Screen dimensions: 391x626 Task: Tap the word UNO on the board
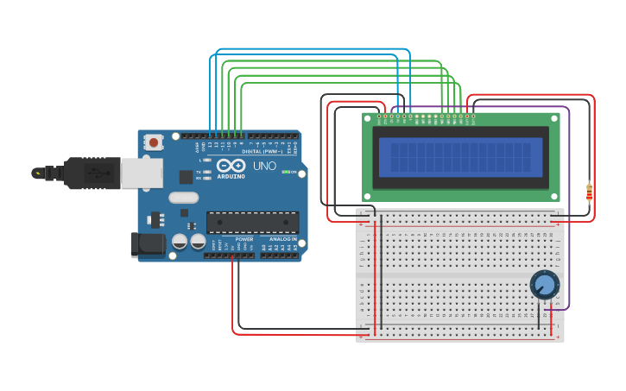[x=264, y=166]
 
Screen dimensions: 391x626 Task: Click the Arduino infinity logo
[x=231, y=165]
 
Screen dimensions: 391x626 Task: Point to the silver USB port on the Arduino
[x=141, y=173]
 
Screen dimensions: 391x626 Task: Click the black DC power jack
[x=148, y=244]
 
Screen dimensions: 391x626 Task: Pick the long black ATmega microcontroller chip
[x=252, y=223]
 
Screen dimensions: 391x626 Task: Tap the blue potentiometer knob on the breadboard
[x=544, y=284]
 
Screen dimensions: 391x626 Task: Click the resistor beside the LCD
[x=589, y=192]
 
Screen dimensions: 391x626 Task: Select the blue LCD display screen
[x=460, y=158]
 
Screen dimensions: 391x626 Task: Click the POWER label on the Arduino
[x=244, y=239]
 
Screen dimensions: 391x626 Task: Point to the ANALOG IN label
[x=282, y=239]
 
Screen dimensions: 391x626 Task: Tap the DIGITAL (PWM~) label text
[x=262, y=151]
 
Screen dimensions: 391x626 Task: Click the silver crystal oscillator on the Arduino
[x=183, y=197]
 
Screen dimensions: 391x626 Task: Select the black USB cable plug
[x=85, y=173]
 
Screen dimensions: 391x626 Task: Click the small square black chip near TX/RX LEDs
[x=186, y=177]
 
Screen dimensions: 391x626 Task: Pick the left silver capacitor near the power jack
[x=180, y=242]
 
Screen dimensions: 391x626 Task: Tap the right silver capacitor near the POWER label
[x=198, y=242]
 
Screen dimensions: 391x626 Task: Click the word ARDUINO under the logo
[x=231, y=175]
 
